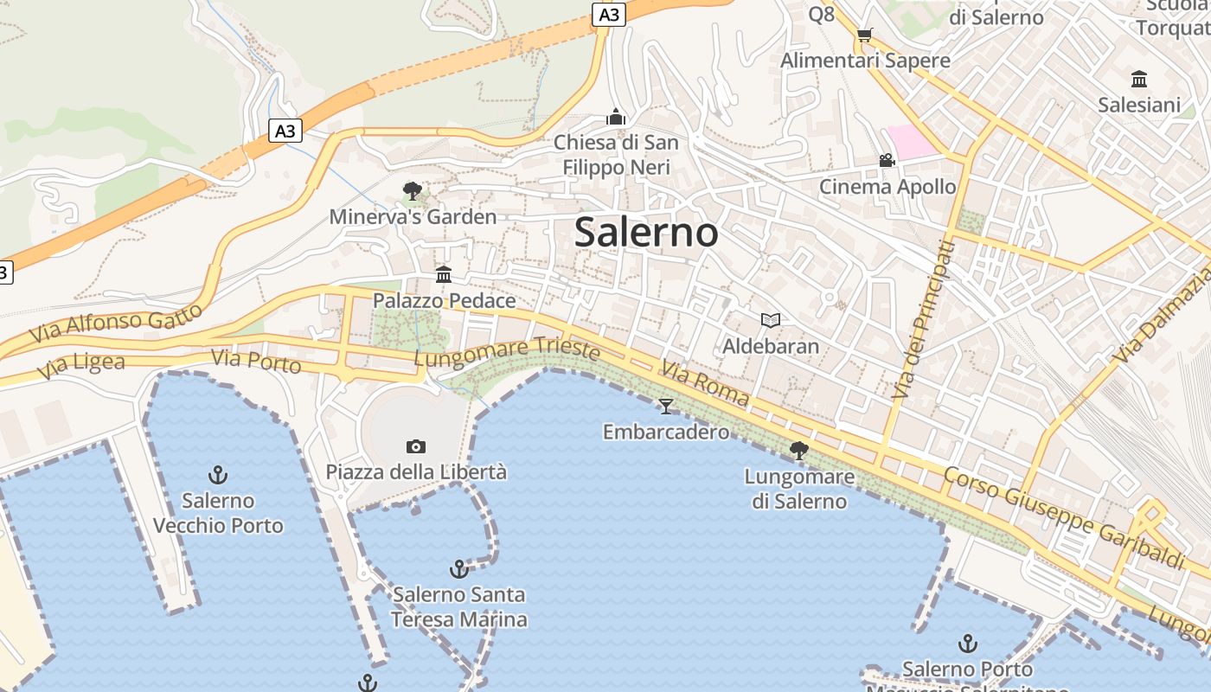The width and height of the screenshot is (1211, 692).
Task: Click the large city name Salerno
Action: pos(646,233)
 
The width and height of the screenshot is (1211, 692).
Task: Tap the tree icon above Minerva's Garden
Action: pos(413,191)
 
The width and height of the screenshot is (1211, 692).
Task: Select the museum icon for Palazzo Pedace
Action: pos(444,275)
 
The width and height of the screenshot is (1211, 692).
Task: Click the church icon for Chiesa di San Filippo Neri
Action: pos(616,117)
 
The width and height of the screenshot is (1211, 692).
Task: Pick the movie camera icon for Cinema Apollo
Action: pos(887,160)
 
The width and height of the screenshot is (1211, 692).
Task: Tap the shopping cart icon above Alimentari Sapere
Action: pos(864,35)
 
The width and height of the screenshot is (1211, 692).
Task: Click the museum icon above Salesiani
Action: pos(1139,80)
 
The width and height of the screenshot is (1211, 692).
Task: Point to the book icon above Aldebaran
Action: pos(771,320)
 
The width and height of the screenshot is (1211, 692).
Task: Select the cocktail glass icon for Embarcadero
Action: pos(665,406)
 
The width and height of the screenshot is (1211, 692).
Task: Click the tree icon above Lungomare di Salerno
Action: pos(799,450)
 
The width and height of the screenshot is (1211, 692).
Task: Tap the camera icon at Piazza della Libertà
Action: pos(416,446)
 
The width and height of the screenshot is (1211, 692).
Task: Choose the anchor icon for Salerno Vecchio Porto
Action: pos(218,474)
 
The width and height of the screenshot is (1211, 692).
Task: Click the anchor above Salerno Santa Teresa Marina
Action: pos(459,568)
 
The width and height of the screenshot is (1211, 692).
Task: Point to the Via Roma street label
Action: pos(705,384)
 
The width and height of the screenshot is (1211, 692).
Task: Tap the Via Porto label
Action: pos(256,361)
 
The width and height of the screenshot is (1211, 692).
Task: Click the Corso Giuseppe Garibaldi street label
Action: pos(1064,519)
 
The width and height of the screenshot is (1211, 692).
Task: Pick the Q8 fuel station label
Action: pos(821,14)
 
